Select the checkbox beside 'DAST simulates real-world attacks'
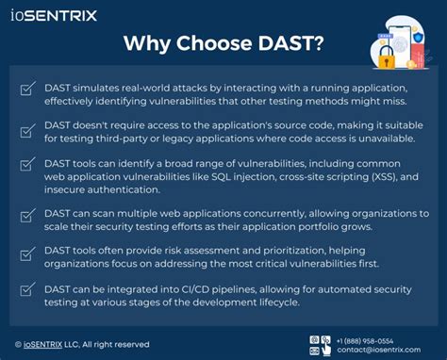[x=27, y=90]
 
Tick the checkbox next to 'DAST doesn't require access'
[x=27, y=129]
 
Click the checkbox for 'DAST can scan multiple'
[x=27, y=218]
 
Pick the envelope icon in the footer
[x=326, y=350]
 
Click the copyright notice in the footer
[x=82, y=344]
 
